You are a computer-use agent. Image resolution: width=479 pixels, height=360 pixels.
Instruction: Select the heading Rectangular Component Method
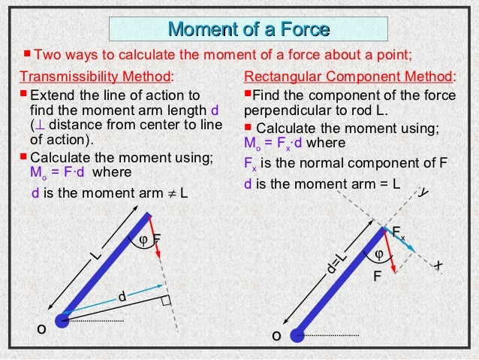coord(350,77)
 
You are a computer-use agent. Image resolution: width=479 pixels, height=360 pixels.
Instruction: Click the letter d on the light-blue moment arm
coord(120,298)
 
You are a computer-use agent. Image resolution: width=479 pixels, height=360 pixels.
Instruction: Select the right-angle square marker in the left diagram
coord(166,302)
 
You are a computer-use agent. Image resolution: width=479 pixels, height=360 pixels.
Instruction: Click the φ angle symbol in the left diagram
coord(143,240)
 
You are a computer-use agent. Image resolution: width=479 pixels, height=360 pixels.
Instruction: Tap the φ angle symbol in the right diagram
coord(378,253)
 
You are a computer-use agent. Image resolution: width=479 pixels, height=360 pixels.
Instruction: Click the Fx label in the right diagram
coord(399,230)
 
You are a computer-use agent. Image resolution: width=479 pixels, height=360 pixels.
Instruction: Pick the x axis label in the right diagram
coord(438,267)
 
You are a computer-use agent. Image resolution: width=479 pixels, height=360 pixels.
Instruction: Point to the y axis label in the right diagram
coord(424,193)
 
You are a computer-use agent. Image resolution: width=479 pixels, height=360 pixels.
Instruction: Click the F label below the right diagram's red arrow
coord(378,277)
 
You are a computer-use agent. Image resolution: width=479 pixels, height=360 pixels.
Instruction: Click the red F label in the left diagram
coord(157,240)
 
